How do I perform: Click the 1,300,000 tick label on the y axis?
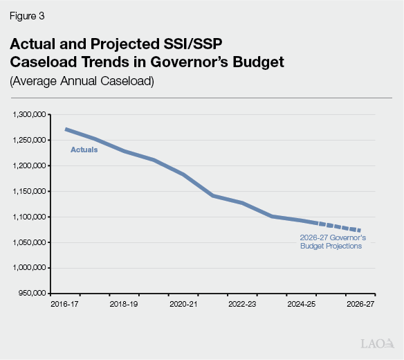click(x=29, y=114)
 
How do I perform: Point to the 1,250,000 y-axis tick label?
click(x=29, y=140)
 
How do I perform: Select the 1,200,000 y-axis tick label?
click(x=29, y=165)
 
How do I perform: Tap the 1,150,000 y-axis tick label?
click(x=29, y=191)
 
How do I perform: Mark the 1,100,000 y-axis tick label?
click(x=29, y=217)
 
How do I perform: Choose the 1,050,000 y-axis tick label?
click(x=29, y=242)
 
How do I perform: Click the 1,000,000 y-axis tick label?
click(x=29, y=268)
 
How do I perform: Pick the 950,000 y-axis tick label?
click(x=32, y=294)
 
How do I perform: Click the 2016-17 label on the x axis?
click(x=66, y=303)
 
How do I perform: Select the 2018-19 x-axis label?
click(x=125, y=303)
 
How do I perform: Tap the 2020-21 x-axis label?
click(x=183, y=303)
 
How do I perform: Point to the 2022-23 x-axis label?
click(x=242, y=303)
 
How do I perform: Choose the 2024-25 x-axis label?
click(x=301, y=303)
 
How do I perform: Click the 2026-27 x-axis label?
click(x=360, y=303)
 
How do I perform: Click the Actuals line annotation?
click(x=84, y=150)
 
